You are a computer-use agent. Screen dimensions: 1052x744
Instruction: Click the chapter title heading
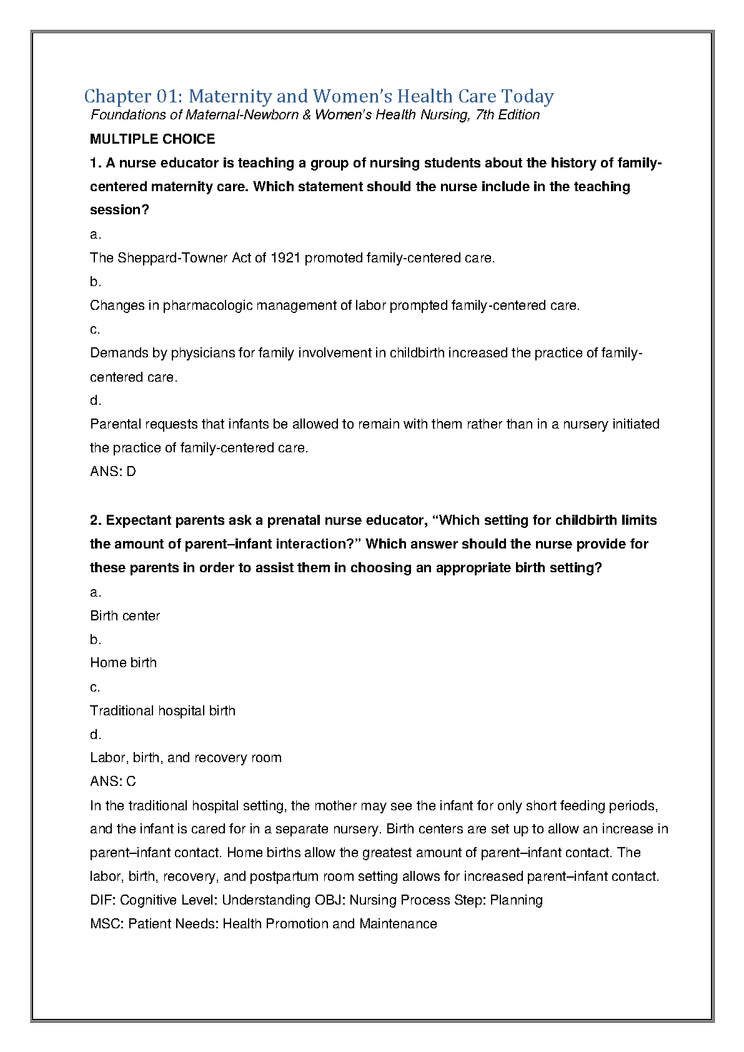point(319,96)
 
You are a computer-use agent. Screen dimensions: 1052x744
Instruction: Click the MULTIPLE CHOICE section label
point(152,139)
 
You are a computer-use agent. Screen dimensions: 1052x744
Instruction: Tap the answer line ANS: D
point(112,472)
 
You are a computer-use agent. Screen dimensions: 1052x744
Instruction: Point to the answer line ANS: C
point(112,782)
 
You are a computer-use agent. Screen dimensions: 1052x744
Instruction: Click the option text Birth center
point(125,616)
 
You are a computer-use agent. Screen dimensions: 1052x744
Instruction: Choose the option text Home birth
point(123,663)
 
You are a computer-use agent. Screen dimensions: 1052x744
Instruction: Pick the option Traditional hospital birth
point(162,711)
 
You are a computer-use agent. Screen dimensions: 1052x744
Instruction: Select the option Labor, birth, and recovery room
point(186,758)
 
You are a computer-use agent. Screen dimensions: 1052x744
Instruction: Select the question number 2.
point(96,520)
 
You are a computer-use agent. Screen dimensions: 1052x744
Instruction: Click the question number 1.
point(95,163)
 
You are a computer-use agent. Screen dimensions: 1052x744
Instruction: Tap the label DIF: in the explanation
point(103,900)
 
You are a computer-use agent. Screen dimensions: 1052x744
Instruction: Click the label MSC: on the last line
point(107,924)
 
